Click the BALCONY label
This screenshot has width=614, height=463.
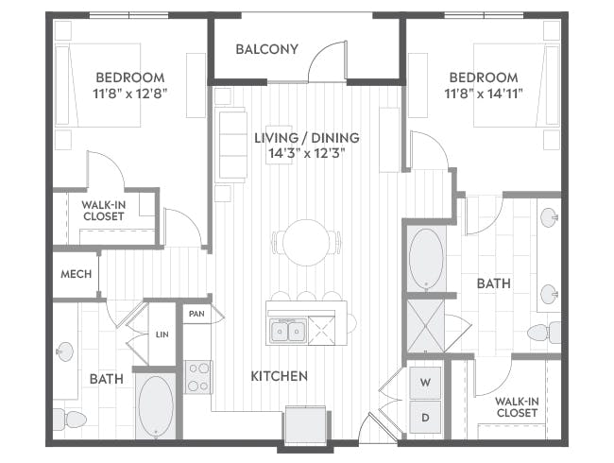tap(267, 49)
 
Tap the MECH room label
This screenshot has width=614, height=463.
tap(76, 274)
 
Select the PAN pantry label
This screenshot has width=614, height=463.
tap(196, 314)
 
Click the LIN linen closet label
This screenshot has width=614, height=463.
tap(162, 334)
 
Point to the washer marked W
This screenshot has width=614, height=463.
tap(425, 383)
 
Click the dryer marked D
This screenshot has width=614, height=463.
tap(425, 418)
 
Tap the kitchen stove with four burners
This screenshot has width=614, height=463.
tap(198, 377)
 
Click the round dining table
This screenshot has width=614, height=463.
tap(307, 243)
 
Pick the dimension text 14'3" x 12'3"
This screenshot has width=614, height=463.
tap(307, 153)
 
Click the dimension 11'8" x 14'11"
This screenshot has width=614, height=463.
tap(484, 94)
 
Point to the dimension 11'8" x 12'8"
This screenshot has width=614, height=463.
tap(130, 94)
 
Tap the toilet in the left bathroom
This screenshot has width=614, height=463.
tap(70, 420)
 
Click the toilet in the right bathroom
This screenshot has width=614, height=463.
tap(544, 333)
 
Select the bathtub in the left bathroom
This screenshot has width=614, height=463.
tap(156, 406)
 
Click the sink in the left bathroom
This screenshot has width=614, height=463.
tap(64, 352)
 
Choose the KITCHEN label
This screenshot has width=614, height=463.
tap(280, 376)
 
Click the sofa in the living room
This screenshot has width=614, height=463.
tap(231, 145)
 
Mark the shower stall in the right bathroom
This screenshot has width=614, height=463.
tap(426, 325)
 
